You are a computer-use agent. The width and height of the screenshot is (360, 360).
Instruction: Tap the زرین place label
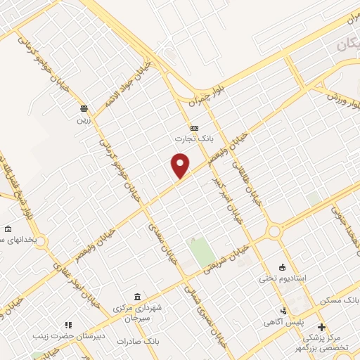[x=84, y=119]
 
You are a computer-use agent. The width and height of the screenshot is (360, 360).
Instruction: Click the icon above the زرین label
[x=84, y=108]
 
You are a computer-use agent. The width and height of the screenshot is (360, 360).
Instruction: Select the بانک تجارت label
[x=194, y=139]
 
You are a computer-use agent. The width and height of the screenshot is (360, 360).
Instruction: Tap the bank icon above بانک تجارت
[x=194, y=128]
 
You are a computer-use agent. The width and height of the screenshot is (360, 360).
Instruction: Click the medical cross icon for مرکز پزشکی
[x=321, y=327]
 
